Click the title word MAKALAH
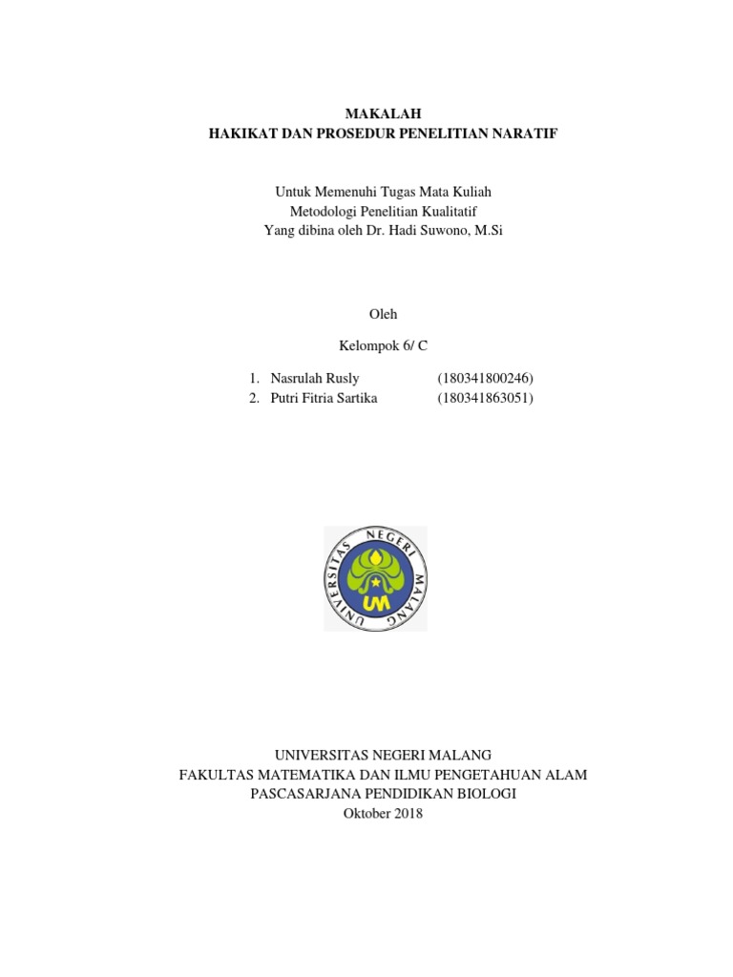pyautogui.click(x=383, y=114)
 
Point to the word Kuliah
pyautogui.click(x=471, y=192)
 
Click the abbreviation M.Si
pyautogui.click(x=486, y=231)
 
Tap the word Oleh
pyautogui.click(x=383, y=314)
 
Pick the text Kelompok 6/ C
pyautogui.click(x=384, y=345)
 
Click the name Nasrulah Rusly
pyautogui.click(x=315, y=379)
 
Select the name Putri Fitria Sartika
pyautogui.click(x=324, y=398)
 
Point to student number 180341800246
pyautogui.click(x=485, y=379)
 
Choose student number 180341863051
pyautogui.click(x=485, y=398)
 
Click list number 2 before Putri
pyautogui.click(x=253, y=398)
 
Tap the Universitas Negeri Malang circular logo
pyautogui.click(x=375, y=578)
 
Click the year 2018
pyautogui.click(x=408, y=813)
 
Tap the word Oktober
pyautogui.click(x=366, y=813)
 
